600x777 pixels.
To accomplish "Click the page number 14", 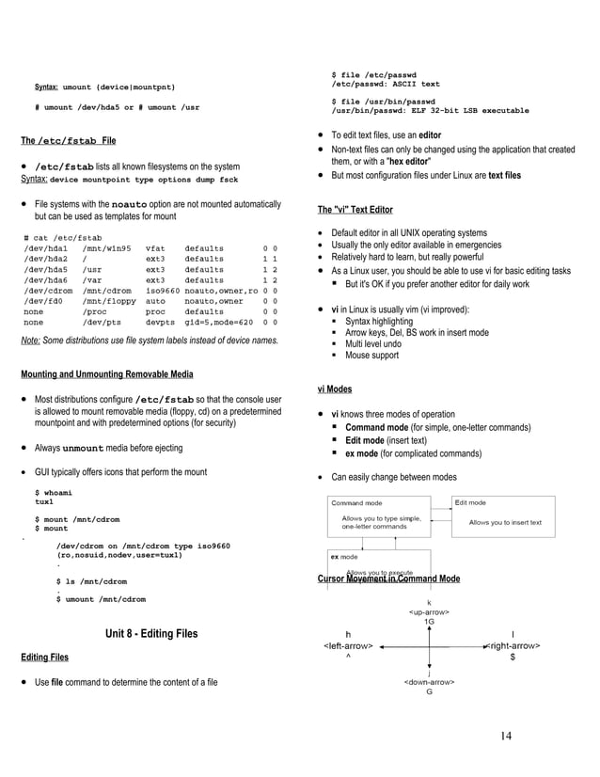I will (x=506, y=735).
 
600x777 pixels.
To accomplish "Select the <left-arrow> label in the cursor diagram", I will (x=348, y=646).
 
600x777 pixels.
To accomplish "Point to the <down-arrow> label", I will (x=429, y=681).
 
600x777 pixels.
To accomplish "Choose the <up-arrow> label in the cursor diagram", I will (x=429, y=612).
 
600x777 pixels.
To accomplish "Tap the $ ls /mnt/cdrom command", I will (x=92, y=581).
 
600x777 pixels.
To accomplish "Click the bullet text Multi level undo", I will (x=377, y=344).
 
